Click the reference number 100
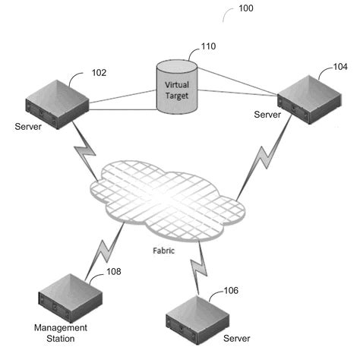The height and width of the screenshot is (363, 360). coord(246,9)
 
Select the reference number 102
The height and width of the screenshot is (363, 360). coord(99,73)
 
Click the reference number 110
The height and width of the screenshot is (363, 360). coord(207,46)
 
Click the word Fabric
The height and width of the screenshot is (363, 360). coord(163,248)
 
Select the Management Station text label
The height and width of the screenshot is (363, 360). coord(60,333)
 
